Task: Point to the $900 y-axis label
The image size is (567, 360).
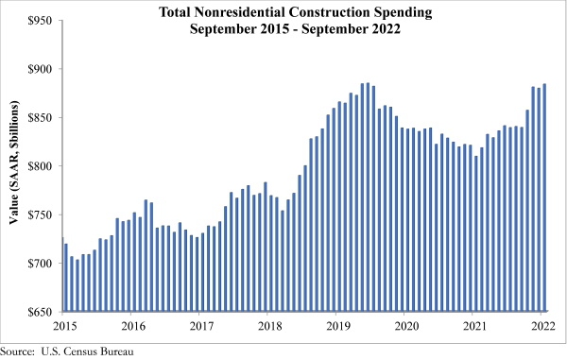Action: pyautogui.click(x=40, y=69)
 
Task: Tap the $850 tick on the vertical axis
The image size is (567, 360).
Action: pyautogui.click(x=40, y=118)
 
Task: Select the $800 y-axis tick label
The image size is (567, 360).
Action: pyautogui.click(x=40, y=166)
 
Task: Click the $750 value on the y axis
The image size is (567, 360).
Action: pyautogui.click(x=40, y=214)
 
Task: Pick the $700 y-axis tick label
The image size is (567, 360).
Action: pyautogui.click(x=40, y=264)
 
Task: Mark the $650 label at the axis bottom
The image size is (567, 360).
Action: pyautogui.click(x=40, y=312)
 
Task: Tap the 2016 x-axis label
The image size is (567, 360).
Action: pyautogui.click(x=134, y=326)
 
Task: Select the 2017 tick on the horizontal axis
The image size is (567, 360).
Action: pyautogui.click(x=202, y=326)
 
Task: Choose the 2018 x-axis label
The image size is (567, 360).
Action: pyautogui.click(x=270, y=326)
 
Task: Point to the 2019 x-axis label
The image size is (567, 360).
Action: pyautogui.click(x=338, y=326)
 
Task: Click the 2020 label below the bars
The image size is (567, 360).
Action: pyautogui.click(x=406, y=326)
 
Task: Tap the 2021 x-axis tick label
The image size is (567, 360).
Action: pyautogui.click(x=474, y=326)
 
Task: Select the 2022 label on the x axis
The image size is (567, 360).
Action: pyautogui.click(x=542, y=326)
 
